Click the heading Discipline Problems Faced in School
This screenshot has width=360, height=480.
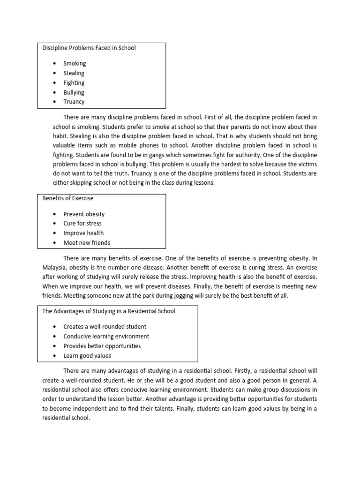pyautogui.click(x=89, y=48)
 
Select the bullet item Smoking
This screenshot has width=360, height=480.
pyautogui.click(x=75, y=63)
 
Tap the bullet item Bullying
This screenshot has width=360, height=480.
pyautogui.click(x=74, y=92)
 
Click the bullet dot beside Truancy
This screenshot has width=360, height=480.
pyautogui.click(x=54, y=102)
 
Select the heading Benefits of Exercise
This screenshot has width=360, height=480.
pyautogui.click(x=68, y=199)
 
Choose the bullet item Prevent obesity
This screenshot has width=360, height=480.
pyautogui.click(x=84, y=214)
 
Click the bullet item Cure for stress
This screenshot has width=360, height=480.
pyautogui.click(x=82, y=224)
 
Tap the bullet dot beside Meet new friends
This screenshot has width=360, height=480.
pyautogui.click(x=54, y=243)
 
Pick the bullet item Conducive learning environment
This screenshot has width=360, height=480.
pyautogui.click(x=106, y=337)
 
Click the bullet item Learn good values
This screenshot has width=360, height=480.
pyautogui.click(x=87, y=356)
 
